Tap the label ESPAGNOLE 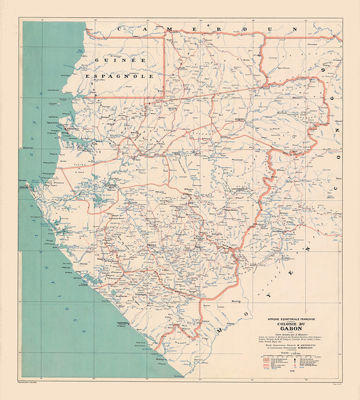point(112,77)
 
